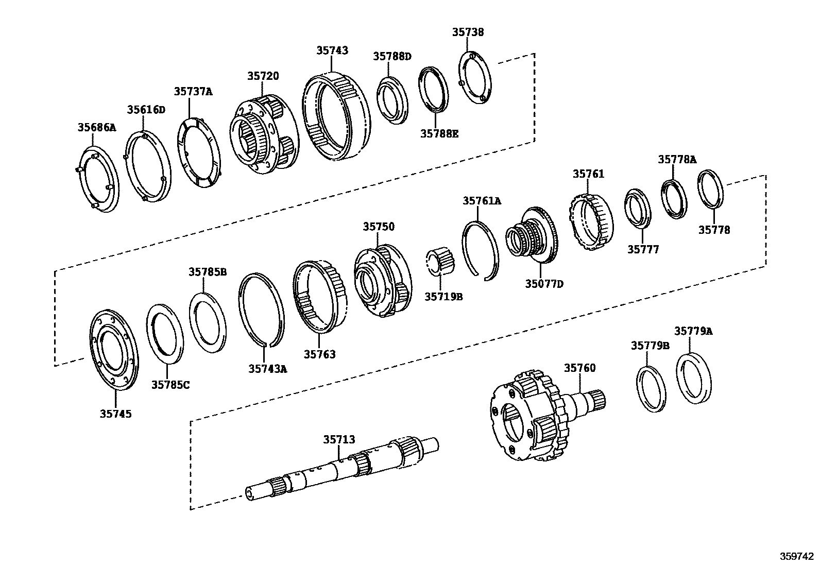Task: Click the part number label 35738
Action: pyautogui.click(x=468, y=32)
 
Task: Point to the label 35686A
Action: pyautogui.click(x=97, y=127)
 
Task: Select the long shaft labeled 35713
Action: pyautogui.click(x=340, y=467)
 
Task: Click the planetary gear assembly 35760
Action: pyautogui.click(x=531, y=415)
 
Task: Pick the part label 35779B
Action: pyautogui.click(x=650, y=346)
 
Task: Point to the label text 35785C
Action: pyautogui.click(x=170, y=384)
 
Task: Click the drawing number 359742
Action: pyautogui.click(x=796, y=557)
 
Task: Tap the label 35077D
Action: pyautogui.click(x=544, y=284)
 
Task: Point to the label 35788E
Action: pyautogui.click(x=439, y=134)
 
